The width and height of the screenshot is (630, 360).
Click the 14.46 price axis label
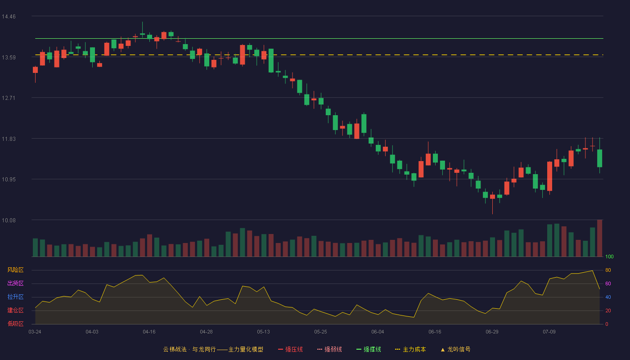[x=9, y=17]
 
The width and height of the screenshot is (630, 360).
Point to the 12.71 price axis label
[x=9, y=98]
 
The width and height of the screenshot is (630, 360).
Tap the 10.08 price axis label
[x=9, y=220]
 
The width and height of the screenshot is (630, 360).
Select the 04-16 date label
[x=149, y=332]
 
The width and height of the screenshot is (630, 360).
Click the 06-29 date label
[x=492, y=332]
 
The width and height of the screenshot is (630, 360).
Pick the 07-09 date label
[x=549, y=332]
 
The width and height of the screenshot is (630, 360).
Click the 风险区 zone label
[x=15, y=270]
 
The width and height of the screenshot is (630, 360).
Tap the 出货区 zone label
[x=15, y=283]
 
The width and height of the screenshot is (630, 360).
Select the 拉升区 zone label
[x=15, y=297]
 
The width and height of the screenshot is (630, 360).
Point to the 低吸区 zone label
[x=15, y=324]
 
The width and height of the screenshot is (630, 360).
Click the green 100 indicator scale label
[x=609, y=256]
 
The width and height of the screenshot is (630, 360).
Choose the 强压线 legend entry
[x=291, y=349]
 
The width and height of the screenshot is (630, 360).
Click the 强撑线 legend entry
[x=369, y=349]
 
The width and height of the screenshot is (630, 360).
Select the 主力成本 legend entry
[x=410, y=349]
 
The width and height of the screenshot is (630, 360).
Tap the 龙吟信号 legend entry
[x=455, y=349]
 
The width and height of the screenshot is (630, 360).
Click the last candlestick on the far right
[x=599, y=158]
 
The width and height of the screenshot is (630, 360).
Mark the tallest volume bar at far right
[x=599, y=238]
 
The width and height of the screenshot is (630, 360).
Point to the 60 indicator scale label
[x=608, y=283]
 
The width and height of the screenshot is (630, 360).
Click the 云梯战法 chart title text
[x=175, y=349]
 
